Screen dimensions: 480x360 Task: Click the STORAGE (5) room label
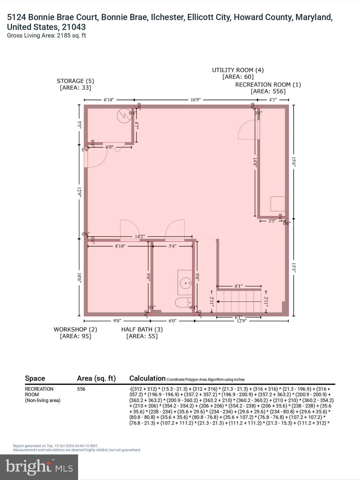pyautogui.click(x=75, y=81)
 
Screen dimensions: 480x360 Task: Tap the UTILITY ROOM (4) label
pyautogui.click(x=238, y=70)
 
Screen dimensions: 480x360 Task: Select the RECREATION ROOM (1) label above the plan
pyautogui.click(x=268, y=85)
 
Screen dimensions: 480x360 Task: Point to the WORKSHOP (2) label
pyautogui.click(x=75, y=329)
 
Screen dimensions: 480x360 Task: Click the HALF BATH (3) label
pyautogui.click(x=142, y=329)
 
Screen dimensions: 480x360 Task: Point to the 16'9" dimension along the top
pyautogui.click(x=196, y=100)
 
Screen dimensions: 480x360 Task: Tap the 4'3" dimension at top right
pyautogui.click(x=273, y=100)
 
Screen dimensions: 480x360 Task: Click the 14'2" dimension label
pyautogui.click(x=140, y=237)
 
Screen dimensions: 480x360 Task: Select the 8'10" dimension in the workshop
pyautogui.click(x=120, y=246)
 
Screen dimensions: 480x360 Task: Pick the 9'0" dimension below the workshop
pyautogui.click(x=117, y=321)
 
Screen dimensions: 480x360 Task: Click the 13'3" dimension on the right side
pyautogui.click(x=293, y=267)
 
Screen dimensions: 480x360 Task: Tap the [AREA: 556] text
pyautogui.click(x=268, y=92)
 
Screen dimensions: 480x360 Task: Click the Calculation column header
pyautogui.click(x=147, y=378)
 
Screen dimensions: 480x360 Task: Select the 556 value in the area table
pyautogui.click(x=81, y=389)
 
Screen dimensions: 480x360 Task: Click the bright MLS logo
pyautogui.click(x=39, y=467)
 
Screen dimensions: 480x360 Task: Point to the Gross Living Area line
pyautogui.click(x=46, y=36)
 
